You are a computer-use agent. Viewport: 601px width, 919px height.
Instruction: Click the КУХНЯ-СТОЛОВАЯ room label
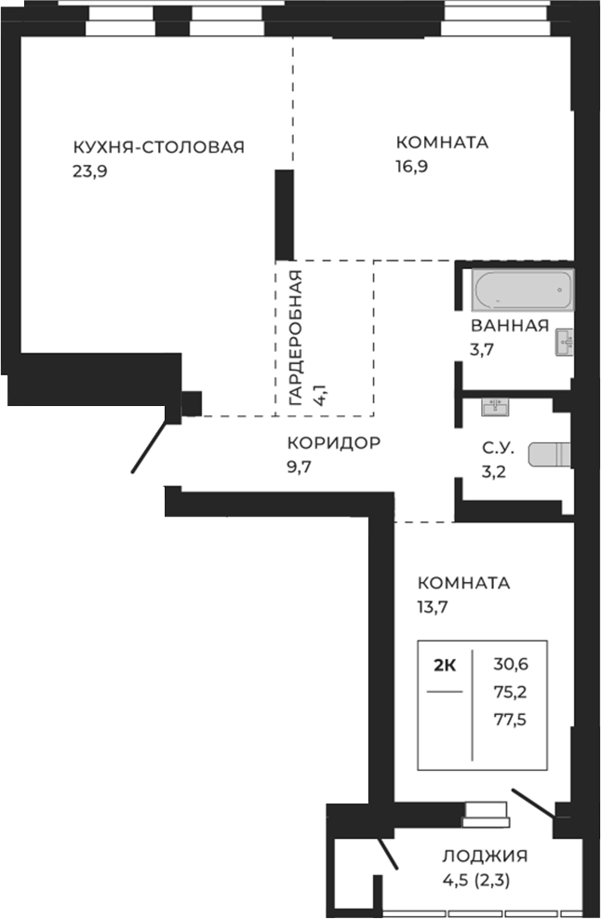158,146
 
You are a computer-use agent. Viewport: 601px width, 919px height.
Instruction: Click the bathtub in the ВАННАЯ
522,291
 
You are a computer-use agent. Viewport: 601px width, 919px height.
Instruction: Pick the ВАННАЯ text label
508,326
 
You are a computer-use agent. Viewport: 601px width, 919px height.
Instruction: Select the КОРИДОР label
333,443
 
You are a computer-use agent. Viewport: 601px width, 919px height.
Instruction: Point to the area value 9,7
300,467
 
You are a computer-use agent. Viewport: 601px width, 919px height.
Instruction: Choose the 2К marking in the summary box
445,665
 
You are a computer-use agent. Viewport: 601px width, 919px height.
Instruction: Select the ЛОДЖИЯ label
485,857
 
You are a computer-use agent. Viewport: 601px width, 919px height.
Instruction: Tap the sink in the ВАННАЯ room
564,342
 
